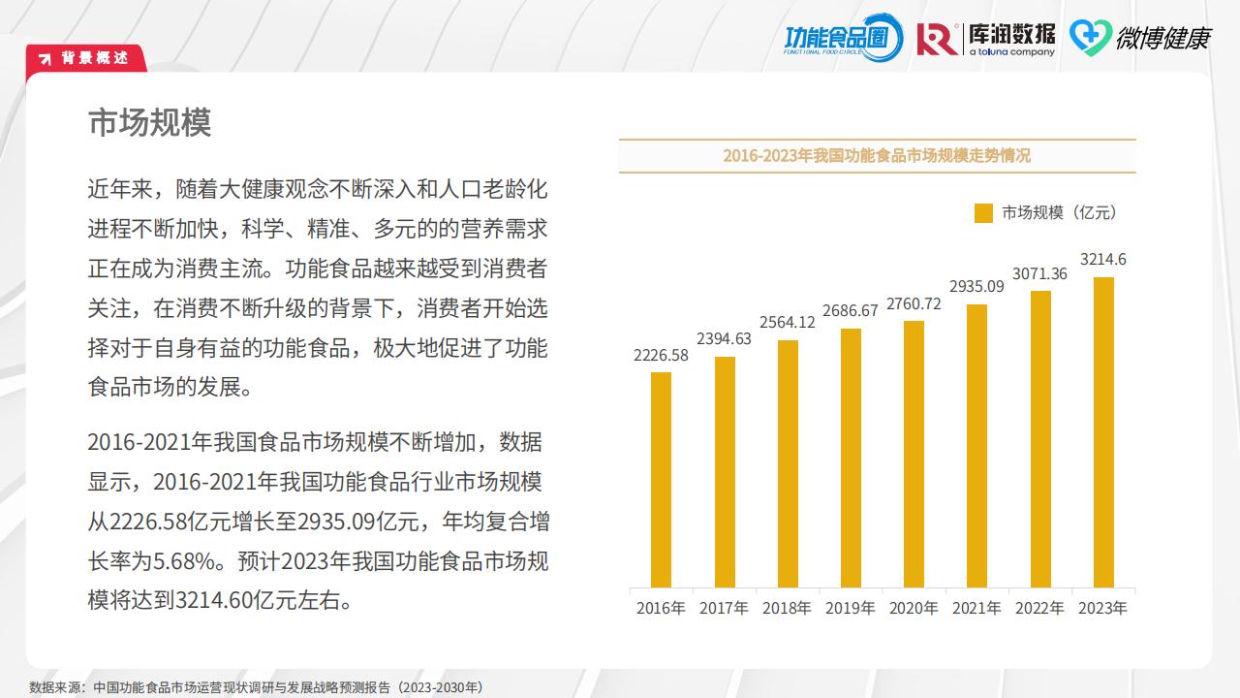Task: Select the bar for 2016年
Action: (x=661, y=480)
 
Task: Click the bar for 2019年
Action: (x=851, y=458)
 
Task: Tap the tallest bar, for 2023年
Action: (x=1103, y=432)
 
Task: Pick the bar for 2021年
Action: (x=976, y=446)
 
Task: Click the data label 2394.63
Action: (x=724, y=338)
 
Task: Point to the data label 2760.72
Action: (x=913, y=303)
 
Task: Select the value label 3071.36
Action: (x=1039, y=273)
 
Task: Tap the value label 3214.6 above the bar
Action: (x=1103, y=260)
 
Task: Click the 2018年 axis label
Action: (x=787, y=609)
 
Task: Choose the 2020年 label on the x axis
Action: (x=914, y=609)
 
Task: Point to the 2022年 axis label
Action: (x=1039, y=609)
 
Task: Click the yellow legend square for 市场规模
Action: (x=983, y=213)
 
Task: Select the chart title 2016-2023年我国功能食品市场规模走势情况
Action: (x=877, y=156)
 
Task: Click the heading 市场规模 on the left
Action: (x=149, y=123)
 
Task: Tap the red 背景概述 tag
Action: (x=86, y=58)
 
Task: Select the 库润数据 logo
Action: (x=986, y=38)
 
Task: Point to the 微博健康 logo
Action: (x=1140, y=38)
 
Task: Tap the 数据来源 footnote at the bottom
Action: (x=256, y=687)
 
